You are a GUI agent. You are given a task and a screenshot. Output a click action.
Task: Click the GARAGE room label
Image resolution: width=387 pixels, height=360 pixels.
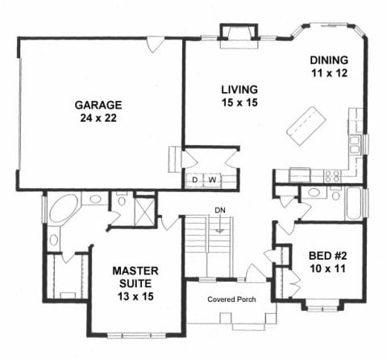click(x=98, y=105)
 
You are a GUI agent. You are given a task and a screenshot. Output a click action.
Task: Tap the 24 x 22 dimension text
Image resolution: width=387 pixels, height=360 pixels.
click(x=98, y=118)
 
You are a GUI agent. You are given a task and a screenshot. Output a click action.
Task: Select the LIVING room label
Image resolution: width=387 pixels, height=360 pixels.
click(x=239, y=90)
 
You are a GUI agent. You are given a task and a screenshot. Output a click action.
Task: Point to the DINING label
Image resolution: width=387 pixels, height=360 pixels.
click(x=329, y=60)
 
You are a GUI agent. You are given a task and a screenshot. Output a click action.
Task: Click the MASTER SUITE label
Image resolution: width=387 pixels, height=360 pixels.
click(x=135, y=277)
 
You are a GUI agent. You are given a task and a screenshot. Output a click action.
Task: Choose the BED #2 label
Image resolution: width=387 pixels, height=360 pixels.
click(x=327, y=256)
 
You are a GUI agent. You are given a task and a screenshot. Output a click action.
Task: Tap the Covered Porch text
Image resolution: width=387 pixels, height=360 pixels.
click(x=231, y=299)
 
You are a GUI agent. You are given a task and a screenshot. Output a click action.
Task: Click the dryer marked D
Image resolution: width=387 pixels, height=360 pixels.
click(x=195, y=180)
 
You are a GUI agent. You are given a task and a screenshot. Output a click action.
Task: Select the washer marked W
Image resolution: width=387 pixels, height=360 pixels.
click(x=212, y=180)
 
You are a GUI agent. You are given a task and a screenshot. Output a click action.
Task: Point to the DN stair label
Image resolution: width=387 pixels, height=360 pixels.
click(x=220, y=210)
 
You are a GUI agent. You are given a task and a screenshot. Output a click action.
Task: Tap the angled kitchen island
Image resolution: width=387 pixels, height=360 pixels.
click(x=306, y=126)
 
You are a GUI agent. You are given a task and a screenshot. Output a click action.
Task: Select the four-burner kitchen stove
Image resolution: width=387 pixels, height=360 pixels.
click(x=332, y=176)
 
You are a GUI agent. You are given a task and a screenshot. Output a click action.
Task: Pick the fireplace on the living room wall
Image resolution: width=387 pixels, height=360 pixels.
click(x=239, y=36)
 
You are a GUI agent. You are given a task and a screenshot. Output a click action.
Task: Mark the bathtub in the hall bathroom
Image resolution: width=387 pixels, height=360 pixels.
click(x=354, y=203)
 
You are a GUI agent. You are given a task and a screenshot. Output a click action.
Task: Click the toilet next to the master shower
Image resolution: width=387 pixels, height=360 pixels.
click(x=122, y=199)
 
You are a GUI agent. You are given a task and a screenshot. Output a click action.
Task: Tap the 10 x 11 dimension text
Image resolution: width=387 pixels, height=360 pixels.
click(x=327, y=269)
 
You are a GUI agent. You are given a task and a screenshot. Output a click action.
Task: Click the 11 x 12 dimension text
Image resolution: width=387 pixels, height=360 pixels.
click(x=330, y=73)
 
